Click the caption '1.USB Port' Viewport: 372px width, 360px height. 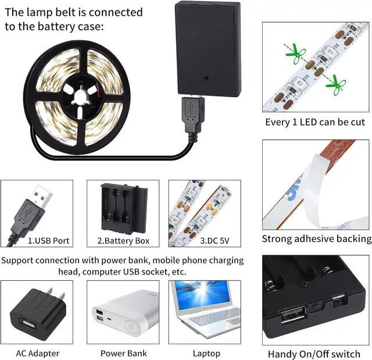(40, 240)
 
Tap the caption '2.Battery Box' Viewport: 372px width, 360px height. (123, 240)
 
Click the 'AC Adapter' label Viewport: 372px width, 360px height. (37, 353)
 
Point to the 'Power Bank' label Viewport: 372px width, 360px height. (123, 353)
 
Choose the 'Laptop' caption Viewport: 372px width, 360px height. (206, 353)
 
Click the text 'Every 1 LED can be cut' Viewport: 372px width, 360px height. (315, 122)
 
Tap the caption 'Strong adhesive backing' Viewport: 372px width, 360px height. (316, 238)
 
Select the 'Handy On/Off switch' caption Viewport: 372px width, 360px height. (314, 354)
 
